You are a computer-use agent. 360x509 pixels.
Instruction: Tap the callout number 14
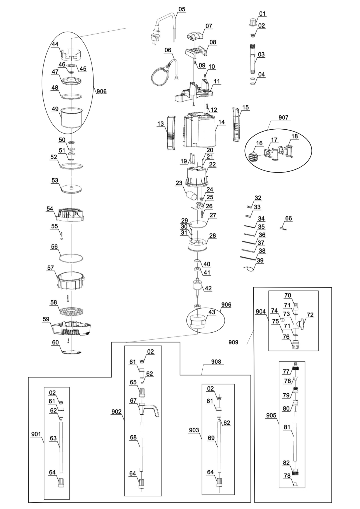point(221,122)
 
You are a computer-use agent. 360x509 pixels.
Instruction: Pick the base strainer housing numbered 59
point(72,328)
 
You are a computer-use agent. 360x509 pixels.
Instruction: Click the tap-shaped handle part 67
point(149,410)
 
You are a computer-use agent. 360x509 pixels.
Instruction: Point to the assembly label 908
point(216,361)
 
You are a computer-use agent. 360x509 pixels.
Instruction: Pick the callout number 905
point(271,415)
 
